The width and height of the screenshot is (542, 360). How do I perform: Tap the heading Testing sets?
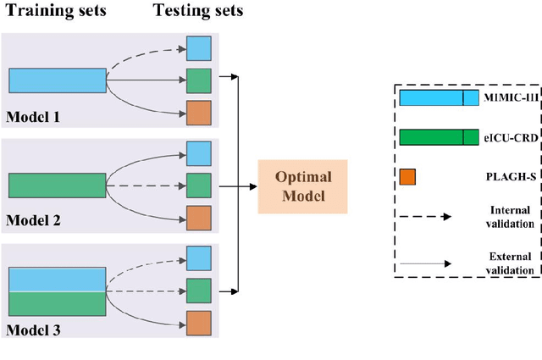tap(198, 11)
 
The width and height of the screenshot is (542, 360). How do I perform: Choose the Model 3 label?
tap(34, 327)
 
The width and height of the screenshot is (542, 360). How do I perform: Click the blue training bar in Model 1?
tap(58, 80)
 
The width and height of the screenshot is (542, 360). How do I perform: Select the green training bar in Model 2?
tap(58, 185)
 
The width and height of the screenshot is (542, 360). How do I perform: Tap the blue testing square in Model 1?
tap(198, 48)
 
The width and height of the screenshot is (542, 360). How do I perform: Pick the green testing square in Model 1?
tap(198, 80)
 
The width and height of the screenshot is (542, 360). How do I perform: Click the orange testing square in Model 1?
tap(198, 113)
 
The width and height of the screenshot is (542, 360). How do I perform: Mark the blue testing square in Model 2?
tap(198, 153)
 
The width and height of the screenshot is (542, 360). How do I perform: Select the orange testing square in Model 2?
tap(198, 218)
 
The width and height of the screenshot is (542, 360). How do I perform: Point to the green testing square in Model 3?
tap(198, 291)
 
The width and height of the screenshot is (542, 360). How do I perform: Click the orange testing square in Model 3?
tap(198, 323)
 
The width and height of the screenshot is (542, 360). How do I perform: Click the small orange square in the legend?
tap(407, 176)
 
